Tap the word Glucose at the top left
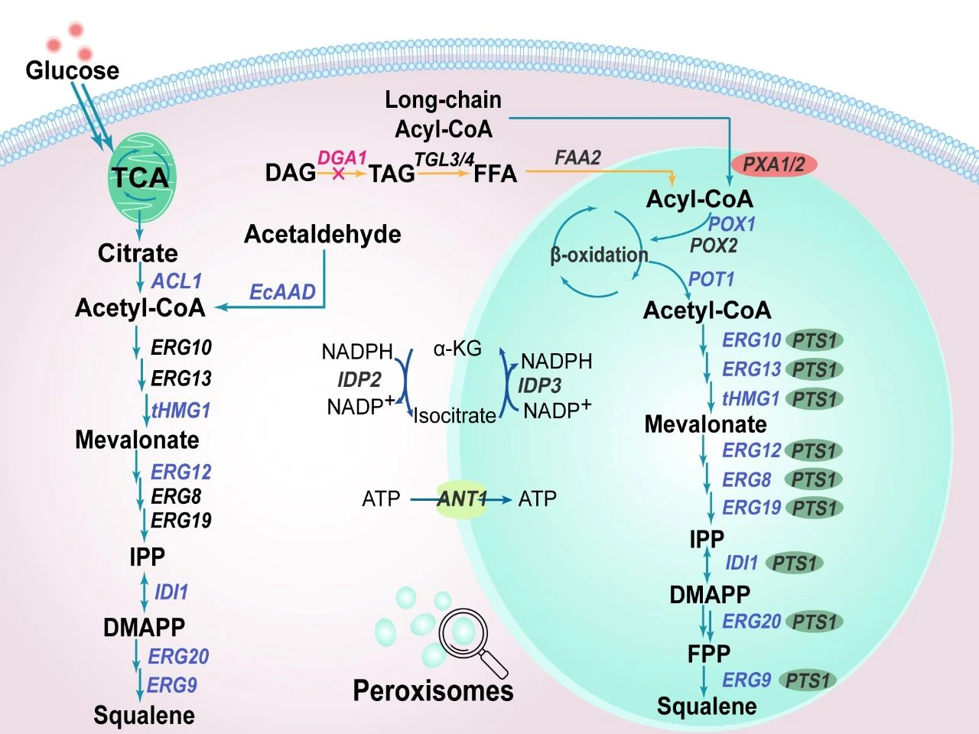pos(72,70)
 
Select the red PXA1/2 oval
pos(773,164)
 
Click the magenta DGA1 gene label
pos(342,158)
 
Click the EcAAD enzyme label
pos(282,292)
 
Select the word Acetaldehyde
pos(322,234)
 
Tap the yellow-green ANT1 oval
pos(462,499)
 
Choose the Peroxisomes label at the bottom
pos(433,690)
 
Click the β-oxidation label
pos(599,255)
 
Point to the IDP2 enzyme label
pos(359,379)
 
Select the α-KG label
pos(457,349)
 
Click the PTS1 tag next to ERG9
pos(808,680)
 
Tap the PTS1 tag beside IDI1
pos(795,563)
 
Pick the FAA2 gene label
pos(577,158)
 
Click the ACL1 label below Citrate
pos(176,281)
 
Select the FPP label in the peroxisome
pos(708,654)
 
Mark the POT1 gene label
pos(711,279)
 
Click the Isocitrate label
pos(455,416)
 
